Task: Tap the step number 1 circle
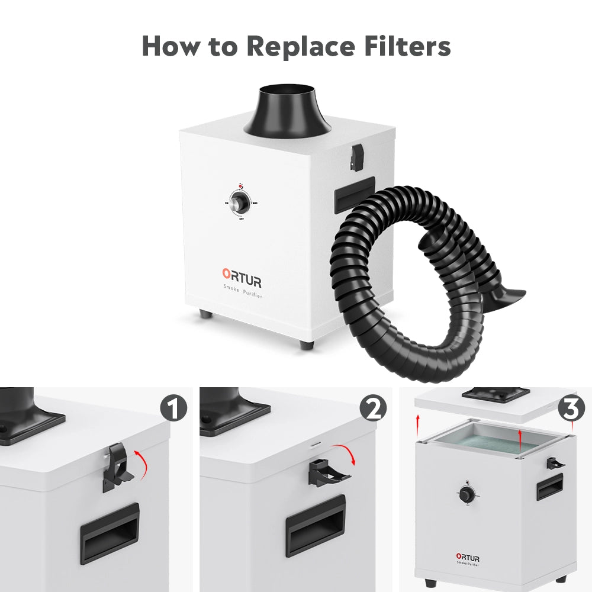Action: point(173,408)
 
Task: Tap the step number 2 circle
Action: point(373,408)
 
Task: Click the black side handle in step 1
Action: point(110,532)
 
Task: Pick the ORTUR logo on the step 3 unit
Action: point(468,558)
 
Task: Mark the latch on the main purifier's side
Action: point(356,155)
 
